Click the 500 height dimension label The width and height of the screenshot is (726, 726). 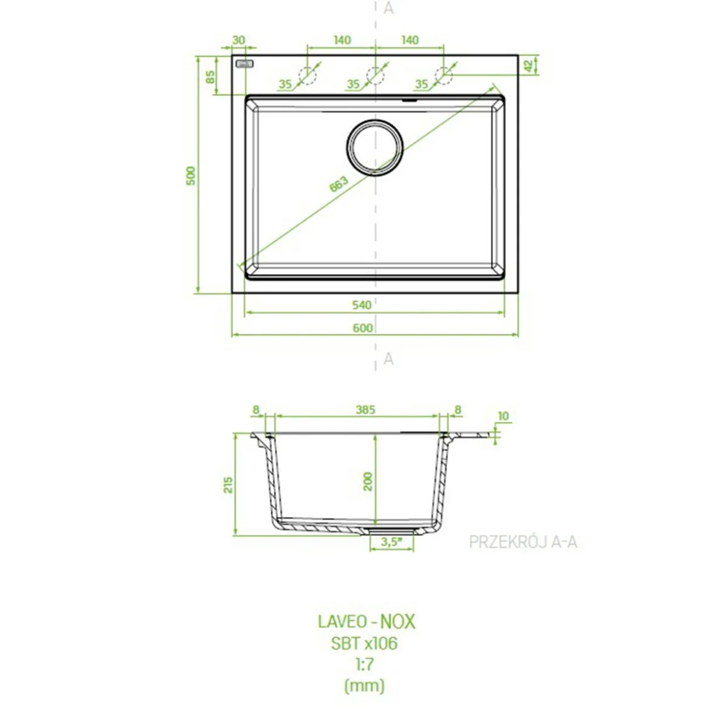(191, 175)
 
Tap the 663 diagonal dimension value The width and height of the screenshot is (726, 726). (338, 184)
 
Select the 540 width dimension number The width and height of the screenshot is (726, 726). (362, 305)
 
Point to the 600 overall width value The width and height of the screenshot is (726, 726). (362, 328)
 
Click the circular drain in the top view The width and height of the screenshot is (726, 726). (375, 148)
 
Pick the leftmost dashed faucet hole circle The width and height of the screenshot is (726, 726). (307, 76)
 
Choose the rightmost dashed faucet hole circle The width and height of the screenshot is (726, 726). (443, 76)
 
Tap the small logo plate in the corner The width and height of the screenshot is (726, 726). (245, 64)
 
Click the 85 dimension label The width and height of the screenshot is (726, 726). (211, 77)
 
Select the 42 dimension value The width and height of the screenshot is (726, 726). (529, 66)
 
